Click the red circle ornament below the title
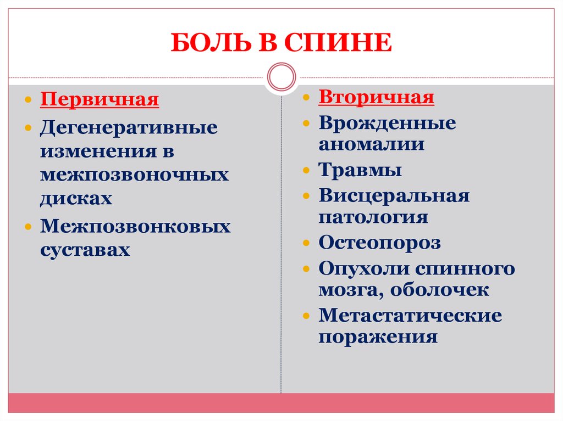coord(281,76)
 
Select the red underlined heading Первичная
coord(99,100)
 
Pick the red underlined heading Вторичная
coord(376,98)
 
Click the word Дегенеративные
coord(128,128)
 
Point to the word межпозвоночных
coord(134,175)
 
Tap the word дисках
coord(76,198)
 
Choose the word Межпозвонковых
coord(135,226)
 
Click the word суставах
coord(85,250)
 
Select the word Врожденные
coord(387,122)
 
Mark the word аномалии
coord(371,144)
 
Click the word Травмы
coord(360,170)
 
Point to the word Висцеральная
coord(394,195)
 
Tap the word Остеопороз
coord(379,243)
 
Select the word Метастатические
coord(410,316)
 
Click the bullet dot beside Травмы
coord(307,170)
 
